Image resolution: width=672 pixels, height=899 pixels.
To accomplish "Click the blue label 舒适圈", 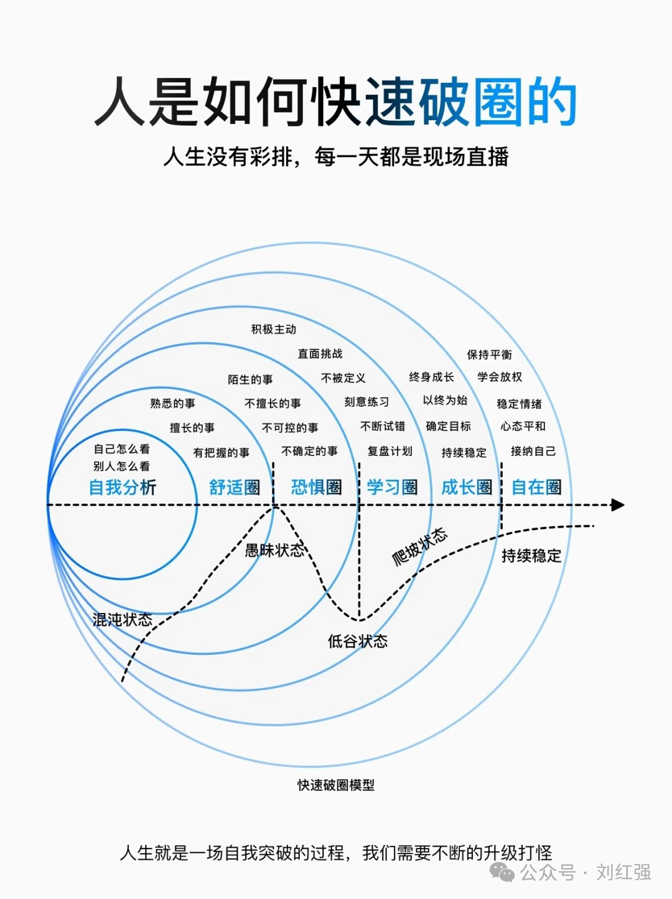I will pos(235,487).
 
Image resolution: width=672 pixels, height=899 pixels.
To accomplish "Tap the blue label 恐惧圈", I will pos(316,487).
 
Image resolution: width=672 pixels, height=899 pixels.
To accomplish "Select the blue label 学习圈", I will pos(392,487).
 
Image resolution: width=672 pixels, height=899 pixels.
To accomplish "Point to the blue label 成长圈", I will pos(467,487).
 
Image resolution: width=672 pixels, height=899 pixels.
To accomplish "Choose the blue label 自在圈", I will pos(536,487).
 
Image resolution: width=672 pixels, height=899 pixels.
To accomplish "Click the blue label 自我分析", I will pos(123,487).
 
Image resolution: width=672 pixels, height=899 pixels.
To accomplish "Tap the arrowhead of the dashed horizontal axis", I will pos(617,505).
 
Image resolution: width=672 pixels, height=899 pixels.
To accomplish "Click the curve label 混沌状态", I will pos(123,619).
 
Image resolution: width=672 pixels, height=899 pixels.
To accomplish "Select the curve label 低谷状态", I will pos(358,641).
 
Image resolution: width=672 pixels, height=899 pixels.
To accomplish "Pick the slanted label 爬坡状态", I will pos(419,547).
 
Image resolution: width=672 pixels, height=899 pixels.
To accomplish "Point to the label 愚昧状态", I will pos(274,550).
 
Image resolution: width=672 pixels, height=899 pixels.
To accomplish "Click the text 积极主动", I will pos(274,329).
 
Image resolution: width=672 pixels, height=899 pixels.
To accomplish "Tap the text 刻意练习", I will pos(366,402).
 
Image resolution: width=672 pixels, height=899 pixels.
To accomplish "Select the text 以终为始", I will pos(445,400).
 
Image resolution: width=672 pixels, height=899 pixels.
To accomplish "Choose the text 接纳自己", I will pos(533,450).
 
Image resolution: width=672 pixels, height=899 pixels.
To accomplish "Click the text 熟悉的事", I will pos(172,403).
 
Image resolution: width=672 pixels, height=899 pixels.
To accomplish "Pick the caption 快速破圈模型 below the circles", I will pos(336,785).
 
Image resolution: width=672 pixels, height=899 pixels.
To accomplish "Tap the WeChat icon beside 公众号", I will pos(502,872).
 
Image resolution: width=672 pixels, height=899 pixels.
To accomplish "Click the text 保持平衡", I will pos(490,354).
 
